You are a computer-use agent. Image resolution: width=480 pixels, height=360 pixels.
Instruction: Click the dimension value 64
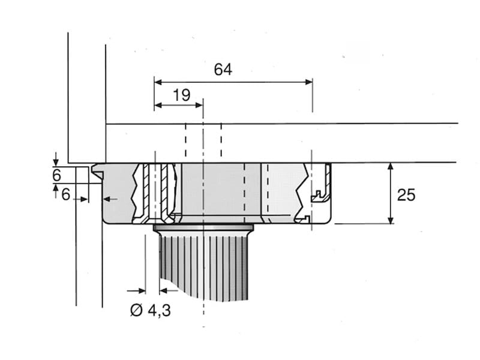click(223, 70)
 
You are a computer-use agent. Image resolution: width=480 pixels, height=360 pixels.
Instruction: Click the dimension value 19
click(182, 95)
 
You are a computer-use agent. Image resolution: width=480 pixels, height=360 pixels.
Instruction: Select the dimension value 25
click(406, 195)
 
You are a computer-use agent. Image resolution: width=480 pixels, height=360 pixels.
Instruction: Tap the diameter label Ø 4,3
click(151, 310)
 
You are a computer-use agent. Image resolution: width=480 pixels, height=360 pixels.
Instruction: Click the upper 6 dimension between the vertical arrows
click(56, 175)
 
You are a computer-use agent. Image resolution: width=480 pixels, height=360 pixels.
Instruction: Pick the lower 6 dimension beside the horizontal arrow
click(66, 194)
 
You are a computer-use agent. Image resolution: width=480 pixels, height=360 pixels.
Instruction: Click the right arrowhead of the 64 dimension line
click(308, 82)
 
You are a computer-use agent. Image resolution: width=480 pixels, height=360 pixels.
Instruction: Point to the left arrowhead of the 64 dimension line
click(158, 82)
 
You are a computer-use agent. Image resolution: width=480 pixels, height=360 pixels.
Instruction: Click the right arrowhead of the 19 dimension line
click(199, 106)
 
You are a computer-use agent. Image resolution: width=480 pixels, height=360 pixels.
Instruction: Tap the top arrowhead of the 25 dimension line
click(391, 167)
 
